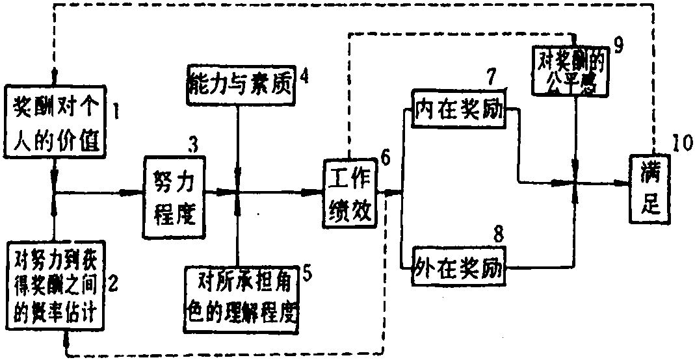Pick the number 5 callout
tap(307, 272)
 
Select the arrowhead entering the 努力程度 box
tap(138, 192)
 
